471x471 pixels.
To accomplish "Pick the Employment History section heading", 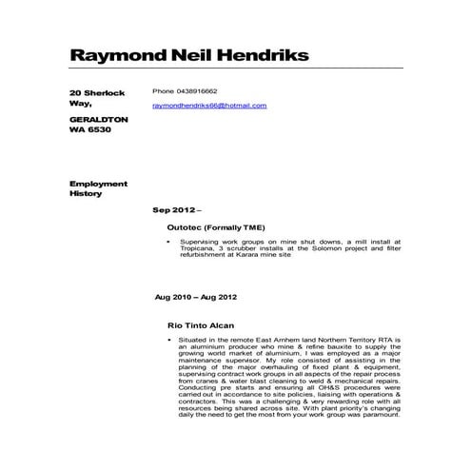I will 91,186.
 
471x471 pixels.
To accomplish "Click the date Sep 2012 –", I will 178,207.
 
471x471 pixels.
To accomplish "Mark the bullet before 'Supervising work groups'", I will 167,244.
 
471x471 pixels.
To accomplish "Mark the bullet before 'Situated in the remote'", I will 167,340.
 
